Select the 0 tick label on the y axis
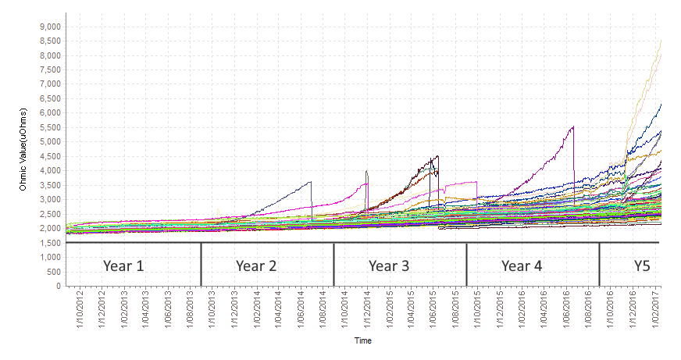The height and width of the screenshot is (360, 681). (58, 287)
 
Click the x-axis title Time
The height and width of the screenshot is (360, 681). (362, 340)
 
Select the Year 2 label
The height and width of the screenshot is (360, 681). (256, 266)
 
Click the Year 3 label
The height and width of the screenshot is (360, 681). (389, 266)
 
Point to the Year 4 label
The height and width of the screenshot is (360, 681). (522, 266)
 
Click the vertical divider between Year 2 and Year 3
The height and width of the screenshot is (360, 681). (334, 265)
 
